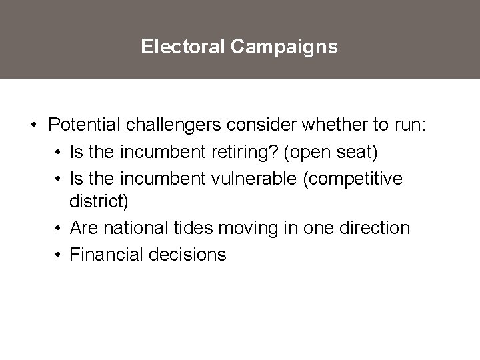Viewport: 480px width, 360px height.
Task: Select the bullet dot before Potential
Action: [x=33, y=125]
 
